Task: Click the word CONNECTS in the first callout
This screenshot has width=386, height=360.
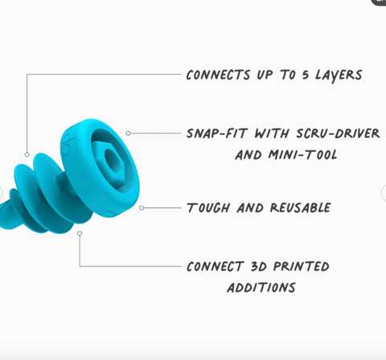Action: (x=218, y=75)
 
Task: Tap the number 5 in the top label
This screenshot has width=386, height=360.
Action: (x=306, y=75)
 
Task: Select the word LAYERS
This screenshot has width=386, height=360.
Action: (x=339, y=76)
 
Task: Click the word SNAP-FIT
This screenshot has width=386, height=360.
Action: (x=216, y=133)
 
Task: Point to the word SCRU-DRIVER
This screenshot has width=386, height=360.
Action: (x=338, y=133)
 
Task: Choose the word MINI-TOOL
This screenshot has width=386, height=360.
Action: (x=303, y=155)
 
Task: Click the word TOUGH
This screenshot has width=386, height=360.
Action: (x=208, y=208)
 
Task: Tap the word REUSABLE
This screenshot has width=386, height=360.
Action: (x=301, y=208)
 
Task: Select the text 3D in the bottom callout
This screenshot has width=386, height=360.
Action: (x=259, y=267)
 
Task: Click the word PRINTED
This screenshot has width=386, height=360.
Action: (x=302, y=267)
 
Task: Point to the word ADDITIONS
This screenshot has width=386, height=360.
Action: (x=261, y=288)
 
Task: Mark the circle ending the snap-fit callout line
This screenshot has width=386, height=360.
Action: (x=128, y=133)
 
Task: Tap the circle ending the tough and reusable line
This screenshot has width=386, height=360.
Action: (x=142, y=208)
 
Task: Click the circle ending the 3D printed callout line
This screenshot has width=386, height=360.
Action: (x=80, y=234)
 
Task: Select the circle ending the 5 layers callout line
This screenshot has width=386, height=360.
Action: (x=27, y=154)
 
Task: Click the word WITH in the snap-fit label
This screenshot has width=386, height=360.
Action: (x=272, y=133)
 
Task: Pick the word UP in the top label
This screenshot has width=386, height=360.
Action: (x=265, y=76)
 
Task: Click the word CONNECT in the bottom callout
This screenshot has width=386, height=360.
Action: (x=216, y=267)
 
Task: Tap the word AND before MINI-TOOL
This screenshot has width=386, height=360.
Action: (x=248, y=155)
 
